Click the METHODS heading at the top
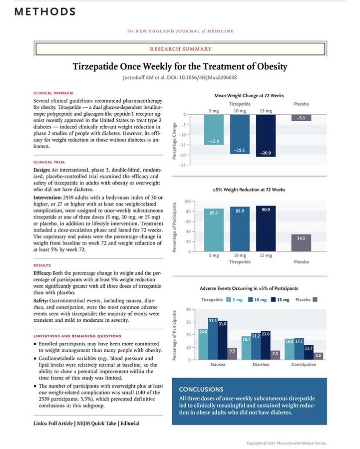click(44, 11)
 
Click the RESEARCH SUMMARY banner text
click(181, 49)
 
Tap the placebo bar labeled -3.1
click(301, 118)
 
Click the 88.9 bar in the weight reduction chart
click(240, 228)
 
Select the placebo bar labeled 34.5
click(301, 242)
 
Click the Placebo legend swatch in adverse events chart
click(315, 300)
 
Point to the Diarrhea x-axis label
click(256, 365)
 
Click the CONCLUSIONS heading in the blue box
click(201, 389)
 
